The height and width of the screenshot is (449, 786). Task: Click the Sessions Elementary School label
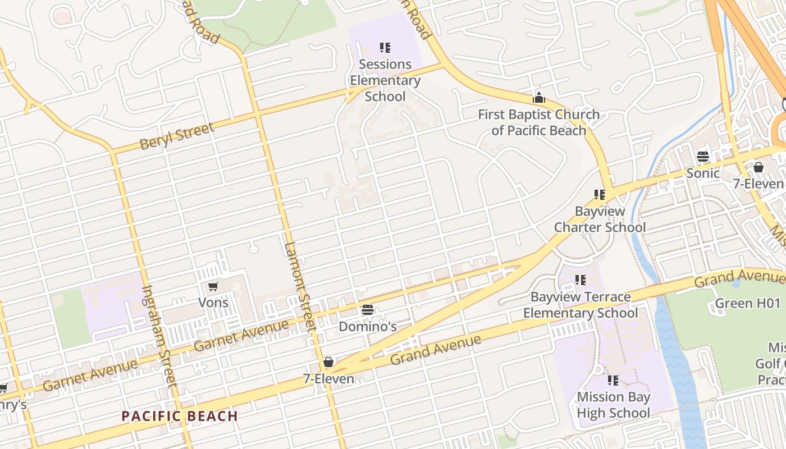(385, 80)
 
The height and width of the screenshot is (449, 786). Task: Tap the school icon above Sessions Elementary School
(385, 48)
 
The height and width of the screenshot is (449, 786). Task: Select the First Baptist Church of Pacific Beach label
(538, 122)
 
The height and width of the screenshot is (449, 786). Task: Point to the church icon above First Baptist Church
(539, 98)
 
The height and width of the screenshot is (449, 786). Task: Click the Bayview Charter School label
(600, 219)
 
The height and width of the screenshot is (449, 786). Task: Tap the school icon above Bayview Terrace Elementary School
(581, 280)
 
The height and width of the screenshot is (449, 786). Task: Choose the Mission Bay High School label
(613, 405)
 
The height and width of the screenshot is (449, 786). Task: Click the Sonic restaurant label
(703, 173)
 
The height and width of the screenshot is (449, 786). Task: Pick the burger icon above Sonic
(703, 156)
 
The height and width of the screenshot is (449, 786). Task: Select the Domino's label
(368, 326)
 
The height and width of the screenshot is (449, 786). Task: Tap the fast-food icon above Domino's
(368, 310)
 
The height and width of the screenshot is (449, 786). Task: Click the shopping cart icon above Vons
(213, 287)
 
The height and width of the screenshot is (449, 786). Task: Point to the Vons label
(213, 303)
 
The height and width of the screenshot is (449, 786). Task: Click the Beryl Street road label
(177, 136)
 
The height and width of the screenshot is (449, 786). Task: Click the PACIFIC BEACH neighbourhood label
(180, 416)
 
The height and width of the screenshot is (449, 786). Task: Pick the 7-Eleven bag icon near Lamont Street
(328, 362)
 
